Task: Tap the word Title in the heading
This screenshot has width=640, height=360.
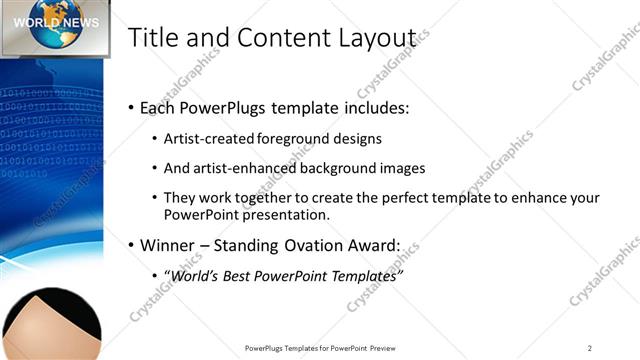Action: (153, 37)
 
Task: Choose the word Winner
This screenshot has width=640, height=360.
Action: (168, 244)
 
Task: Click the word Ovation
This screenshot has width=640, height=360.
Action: (322, 244)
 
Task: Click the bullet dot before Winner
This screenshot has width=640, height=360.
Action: (132, 244)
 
